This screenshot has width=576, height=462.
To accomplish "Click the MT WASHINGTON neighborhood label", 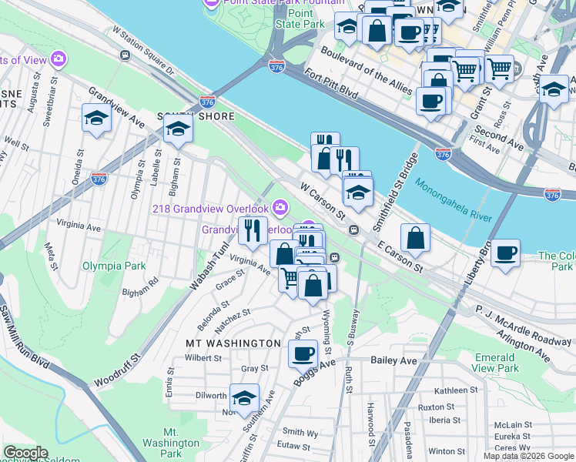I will click(x=233, y=343).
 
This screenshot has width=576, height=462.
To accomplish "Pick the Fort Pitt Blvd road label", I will click(x=330, y=84).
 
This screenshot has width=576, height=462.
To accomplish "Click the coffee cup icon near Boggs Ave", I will click(x=303, y=353).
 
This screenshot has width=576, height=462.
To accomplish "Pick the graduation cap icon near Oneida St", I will click(x=96, y=118).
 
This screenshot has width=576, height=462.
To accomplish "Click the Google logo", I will click(x=25, y=454).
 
